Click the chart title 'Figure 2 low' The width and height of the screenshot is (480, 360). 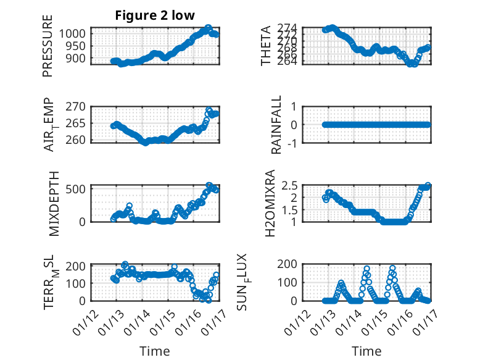(155, 16)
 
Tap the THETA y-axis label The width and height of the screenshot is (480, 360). (266, 46)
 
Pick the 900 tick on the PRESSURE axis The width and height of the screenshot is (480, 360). (78, 58)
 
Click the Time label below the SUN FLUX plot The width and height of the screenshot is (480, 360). (366, 351)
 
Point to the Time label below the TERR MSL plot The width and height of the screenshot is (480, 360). (154, 351)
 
